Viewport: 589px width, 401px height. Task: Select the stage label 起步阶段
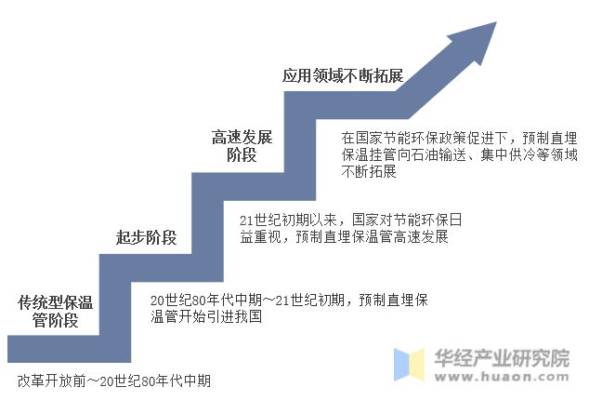coord(146,236)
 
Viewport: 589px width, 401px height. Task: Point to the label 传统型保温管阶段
coord(56,312)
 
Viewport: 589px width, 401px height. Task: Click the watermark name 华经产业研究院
coord(502,358)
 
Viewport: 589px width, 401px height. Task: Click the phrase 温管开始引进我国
coord(207,317)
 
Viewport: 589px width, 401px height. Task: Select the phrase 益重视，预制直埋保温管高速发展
coord(344,237)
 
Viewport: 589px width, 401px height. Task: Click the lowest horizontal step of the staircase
coord(65,350)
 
